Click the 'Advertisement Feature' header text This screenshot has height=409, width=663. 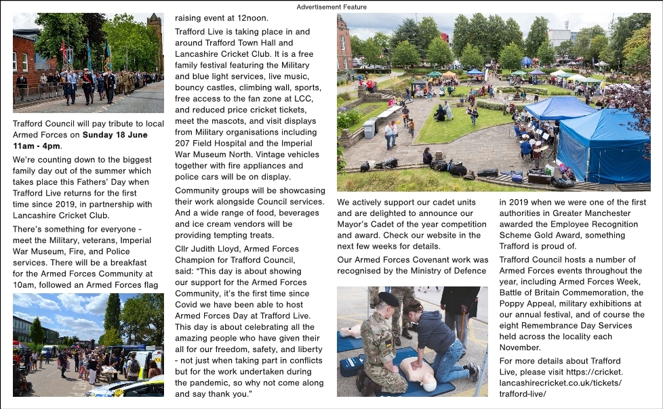click(x=331, y=7)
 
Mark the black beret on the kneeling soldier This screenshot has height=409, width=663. click(x=387, y=299)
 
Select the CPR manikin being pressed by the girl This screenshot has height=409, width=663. click(x=416, y=374)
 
